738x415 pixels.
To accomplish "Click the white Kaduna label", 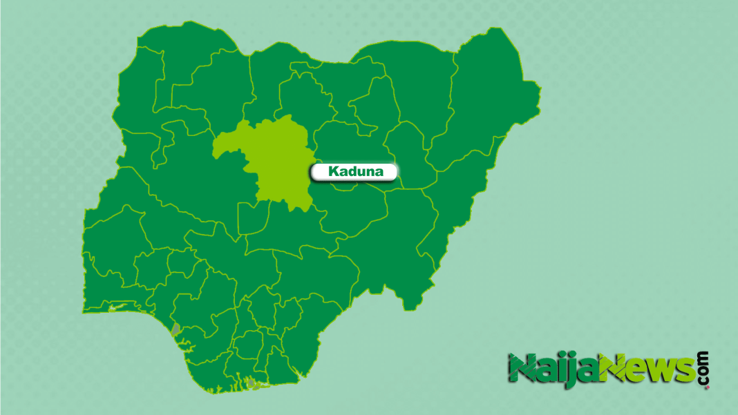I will point(355,172).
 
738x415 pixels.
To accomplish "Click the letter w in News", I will point(661,371).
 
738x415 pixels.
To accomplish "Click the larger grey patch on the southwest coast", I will point(176,329).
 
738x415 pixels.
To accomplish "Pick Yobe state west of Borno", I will point(415,90).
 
